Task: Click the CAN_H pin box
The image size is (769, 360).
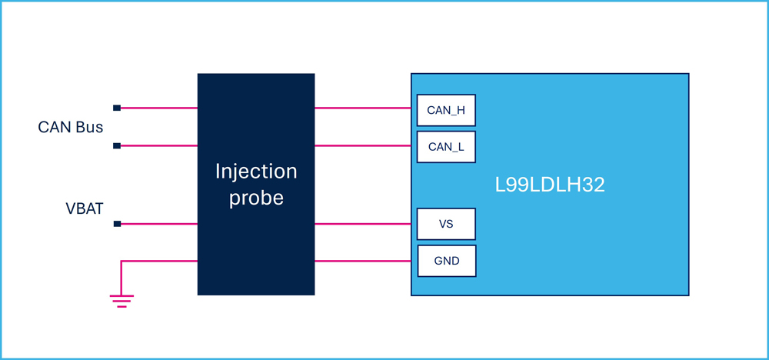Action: coord(446,110)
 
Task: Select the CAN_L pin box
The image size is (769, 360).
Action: coord(446,147)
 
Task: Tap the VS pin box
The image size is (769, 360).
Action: coord(446,224)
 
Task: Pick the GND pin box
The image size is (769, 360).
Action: coord(446,261)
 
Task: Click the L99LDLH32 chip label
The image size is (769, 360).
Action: coord(549,186)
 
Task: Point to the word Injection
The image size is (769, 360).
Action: coord(256,172)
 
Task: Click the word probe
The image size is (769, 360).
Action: coord(257,198)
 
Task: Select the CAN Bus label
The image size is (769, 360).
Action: coord(71,127)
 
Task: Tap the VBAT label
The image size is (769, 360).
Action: coord(85,209)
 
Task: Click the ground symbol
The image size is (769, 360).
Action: coord(122,300)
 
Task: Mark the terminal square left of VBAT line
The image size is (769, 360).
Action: coord(117,224)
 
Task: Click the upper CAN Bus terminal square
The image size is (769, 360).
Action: coord(117,108)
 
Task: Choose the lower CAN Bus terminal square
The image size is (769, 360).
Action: coord(117,145)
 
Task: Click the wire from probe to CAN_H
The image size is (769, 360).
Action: coord(363,108)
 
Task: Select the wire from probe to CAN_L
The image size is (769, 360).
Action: coord(363,145)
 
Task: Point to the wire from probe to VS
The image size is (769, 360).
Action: coord(363,224)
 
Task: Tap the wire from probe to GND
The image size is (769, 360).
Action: coord(363,261)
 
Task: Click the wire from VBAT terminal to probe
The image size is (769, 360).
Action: coord(159,224)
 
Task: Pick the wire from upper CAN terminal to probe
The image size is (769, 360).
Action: coord(159,108)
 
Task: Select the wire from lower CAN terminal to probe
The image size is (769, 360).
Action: coord(159,145)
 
